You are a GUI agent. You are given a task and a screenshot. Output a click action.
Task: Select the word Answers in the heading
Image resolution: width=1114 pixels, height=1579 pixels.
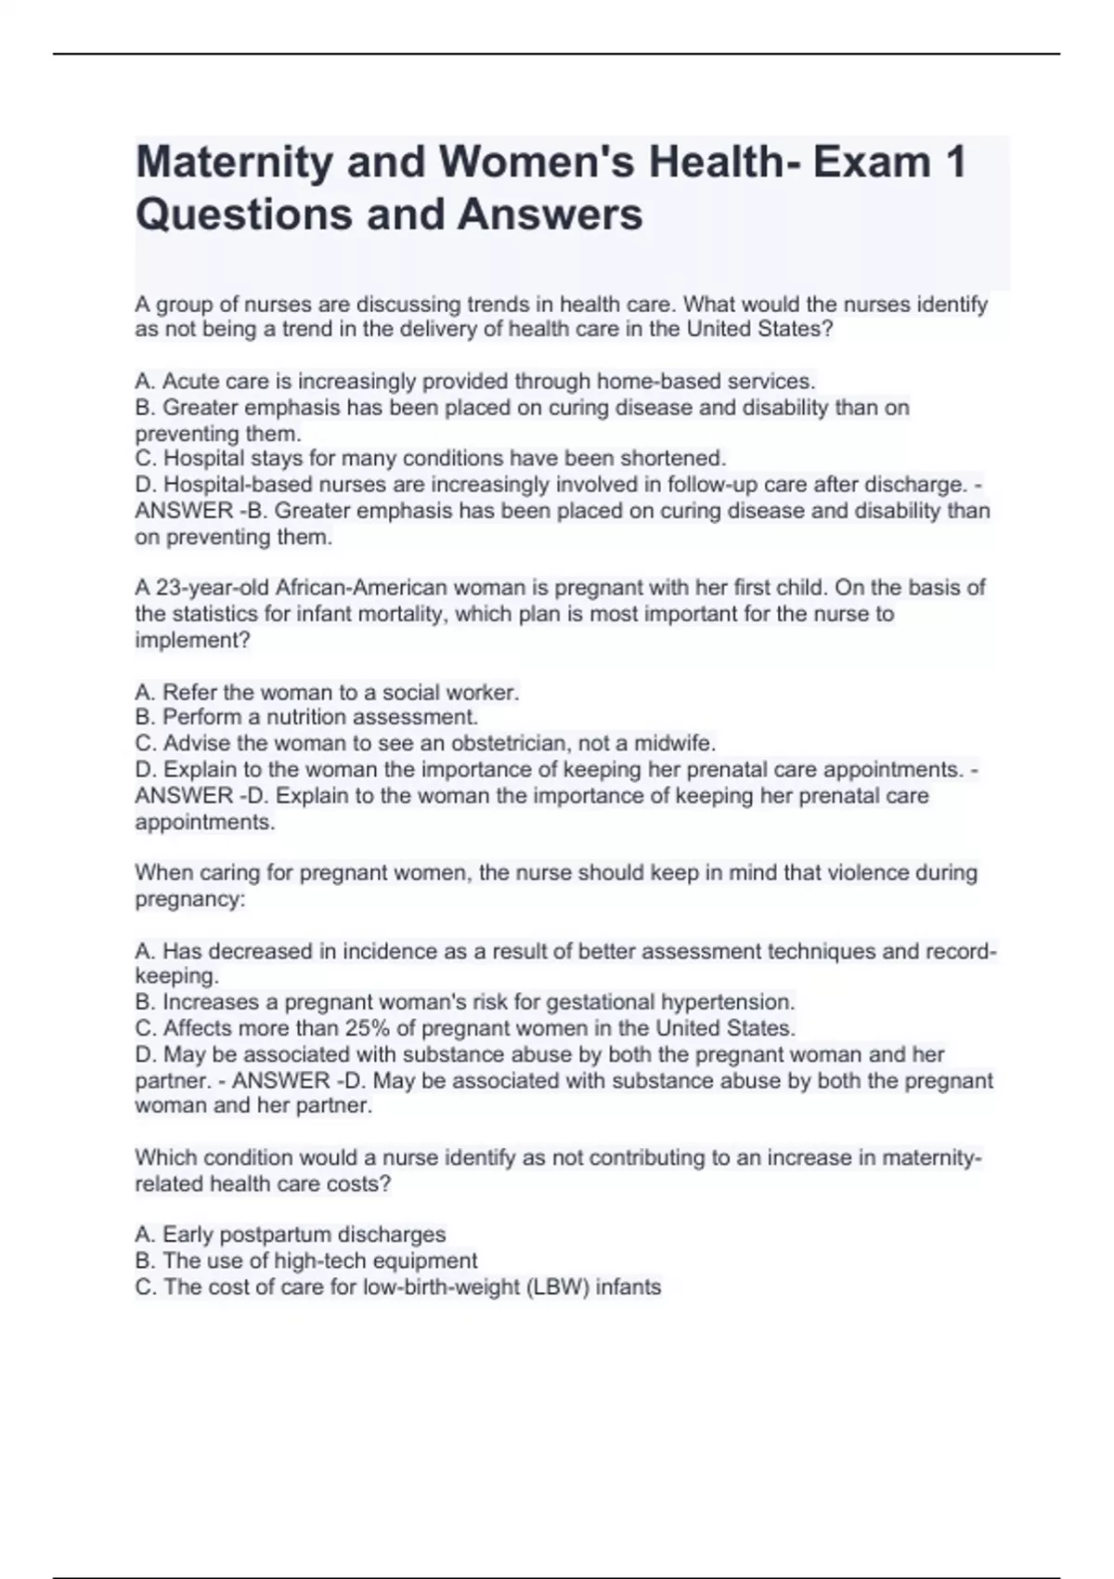(x=550, y=215)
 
